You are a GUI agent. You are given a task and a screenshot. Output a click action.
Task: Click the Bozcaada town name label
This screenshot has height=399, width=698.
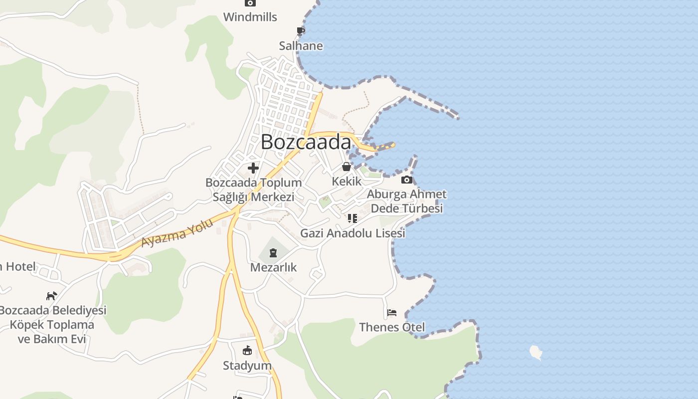[x=306, y=142]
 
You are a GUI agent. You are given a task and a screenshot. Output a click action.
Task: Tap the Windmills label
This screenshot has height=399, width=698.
[x=250, y=17]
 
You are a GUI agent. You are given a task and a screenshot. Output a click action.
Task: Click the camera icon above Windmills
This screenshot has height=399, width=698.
[x=250, y=3]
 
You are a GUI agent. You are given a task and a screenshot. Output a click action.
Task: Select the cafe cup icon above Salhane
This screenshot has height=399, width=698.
[x=301, y=31]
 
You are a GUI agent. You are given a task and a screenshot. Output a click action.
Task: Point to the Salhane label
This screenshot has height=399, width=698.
[x=301, y=46]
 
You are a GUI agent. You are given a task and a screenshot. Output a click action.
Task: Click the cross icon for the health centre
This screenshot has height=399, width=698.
[x=253, y=168]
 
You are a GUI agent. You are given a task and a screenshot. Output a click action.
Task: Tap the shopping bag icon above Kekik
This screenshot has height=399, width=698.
[x=346, y=167]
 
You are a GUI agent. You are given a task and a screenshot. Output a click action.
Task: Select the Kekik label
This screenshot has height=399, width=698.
[x=347, y=181]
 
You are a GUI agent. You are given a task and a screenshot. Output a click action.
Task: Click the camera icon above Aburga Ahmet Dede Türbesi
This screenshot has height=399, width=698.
[x=407, y=180]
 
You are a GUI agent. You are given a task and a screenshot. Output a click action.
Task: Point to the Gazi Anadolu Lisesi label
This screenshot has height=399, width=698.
[x=352, y=233]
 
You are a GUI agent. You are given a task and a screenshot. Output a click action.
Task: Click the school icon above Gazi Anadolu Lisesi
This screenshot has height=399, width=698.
[x=352, y=218]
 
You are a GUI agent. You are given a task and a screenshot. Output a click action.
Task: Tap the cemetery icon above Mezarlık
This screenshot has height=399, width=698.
[x=273, y=253]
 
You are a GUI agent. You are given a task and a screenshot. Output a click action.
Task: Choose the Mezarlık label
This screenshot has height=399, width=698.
[x=273, y=267]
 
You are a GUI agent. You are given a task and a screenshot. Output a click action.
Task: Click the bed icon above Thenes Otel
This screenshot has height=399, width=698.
[x=392, y=313]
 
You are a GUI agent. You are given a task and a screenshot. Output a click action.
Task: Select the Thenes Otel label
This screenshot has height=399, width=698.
[x=392, y=327]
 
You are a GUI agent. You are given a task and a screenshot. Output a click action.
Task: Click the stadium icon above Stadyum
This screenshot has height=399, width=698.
[x=247, y=351]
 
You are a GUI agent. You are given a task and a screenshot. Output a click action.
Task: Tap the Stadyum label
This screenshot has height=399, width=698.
[x=247, y=366]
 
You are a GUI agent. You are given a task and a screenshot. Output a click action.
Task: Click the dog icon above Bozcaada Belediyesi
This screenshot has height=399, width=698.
[x=51, y=296]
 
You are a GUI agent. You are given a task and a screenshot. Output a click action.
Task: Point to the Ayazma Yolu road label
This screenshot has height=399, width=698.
[x=177, y=233]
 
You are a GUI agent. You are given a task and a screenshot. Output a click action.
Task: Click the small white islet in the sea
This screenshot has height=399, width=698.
[x=535, y=352]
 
